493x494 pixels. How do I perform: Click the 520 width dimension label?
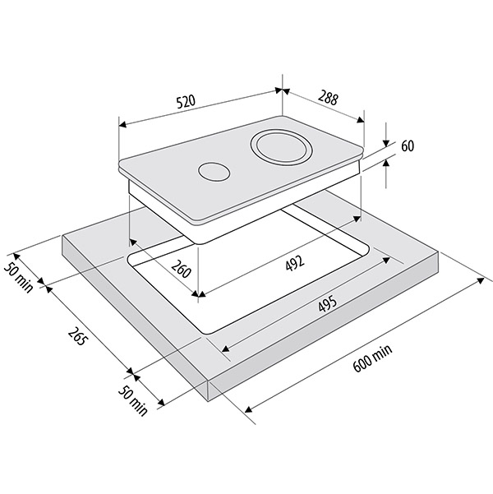pos(186,101)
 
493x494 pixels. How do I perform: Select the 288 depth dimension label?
pos(328,97)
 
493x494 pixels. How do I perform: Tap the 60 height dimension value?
pos(408,146)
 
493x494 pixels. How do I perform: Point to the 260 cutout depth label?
pos(181,269)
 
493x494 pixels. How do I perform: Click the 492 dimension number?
pos(295,263)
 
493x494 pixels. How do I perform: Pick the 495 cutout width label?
pos(328,303)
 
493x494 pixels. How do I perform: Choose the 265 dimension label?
pos(77,336)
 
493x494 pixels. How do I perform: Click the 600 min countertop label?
pos(373,358)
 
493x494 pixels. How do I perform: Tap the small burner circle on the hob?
pos(214,172)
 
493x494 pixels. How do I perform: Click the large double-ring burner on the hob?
pos(282,146)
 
